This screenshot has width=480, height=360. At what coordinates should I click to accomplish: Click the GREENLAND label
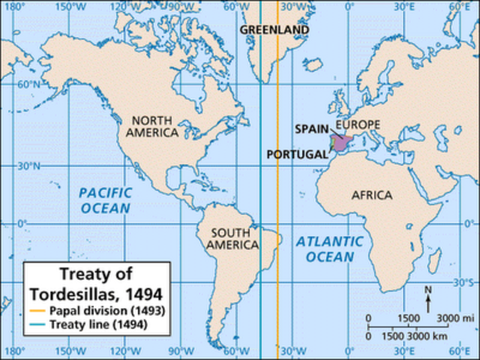coord(274,30)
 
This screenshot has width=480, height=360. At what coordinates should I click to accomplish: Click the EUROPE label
coord(358,124)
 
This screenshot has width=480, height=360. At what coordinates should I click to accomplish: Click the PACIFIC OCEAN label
coord(105,199)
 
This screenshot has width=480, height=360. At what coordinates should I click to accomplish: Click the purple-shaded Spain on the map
coord(341,142)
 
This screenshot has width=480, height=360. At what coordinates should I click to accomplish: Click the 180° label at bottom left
coord(12,351)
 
